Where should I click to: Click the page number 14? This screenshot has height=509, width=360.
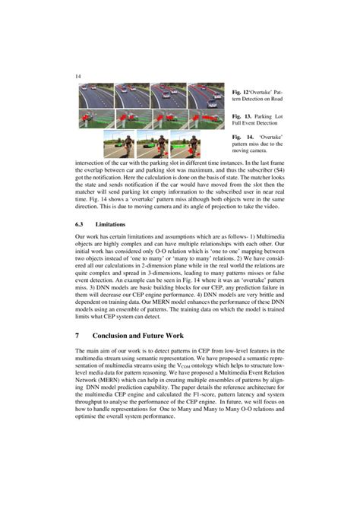pyautogui.click(x=77, y=76)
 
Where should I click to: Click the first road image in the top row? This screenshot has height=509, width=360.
pyautogui.click(x=95, y=94)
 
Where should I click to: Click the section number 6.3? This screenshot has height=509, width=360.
pyautogui.click(x=81, y=224)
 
